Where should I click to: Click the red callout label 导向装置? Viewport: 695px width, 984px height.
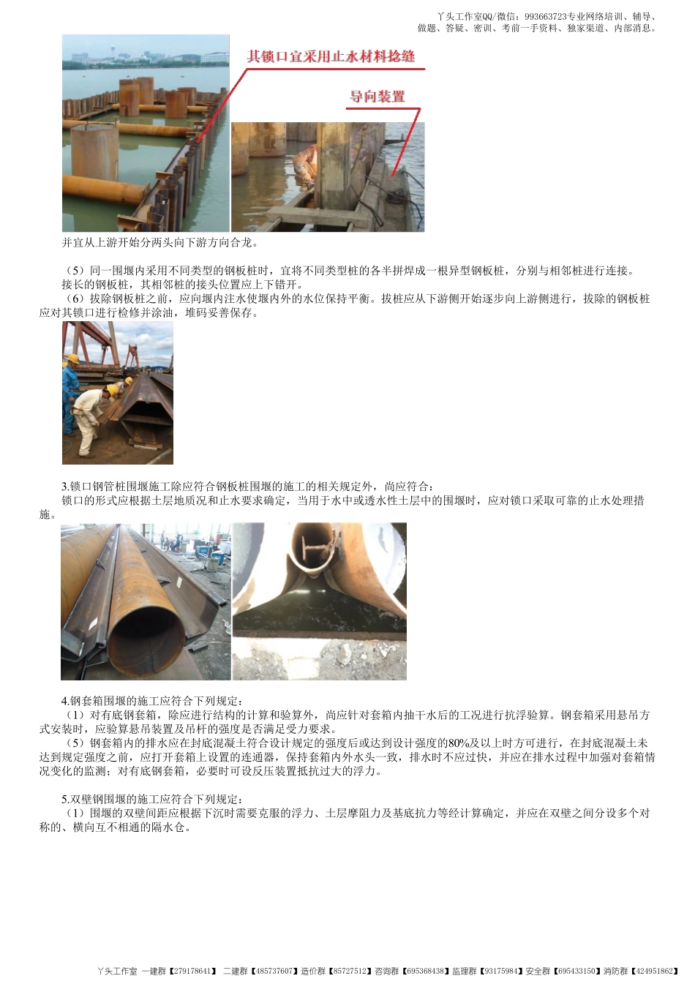pyautogui.click(x=377, y=97)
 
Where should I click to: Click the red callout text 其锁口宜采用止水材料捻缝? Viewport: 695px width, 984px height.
pyautogui.click(x=331, y=56)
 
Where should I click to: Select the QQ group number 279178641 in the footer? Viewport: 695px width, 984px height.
pyautogui.click(x=192, y=971)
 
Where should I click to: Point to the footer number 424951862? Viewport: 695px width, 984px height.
pyautogui.click(x=654, y=971)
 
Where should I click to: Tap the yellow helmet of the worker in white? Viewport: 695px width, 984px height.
pyautogui.click(x=112, y=390)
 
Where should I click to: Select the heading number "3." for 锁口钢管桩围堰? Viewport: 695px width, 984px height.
pyautogui.click(x=65, y=487)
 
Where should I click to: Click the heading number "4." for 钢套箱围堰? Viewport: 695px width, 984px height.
pyautogui.click(x=65, y=701)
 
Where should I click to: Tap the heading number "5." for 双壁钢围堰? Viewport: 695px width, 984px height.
pyautogui.click(x=65, y=799)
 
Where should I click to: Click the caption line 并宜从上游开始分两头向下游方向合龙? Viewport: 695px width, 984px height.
pyautogui.click(x=159, y=242)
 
